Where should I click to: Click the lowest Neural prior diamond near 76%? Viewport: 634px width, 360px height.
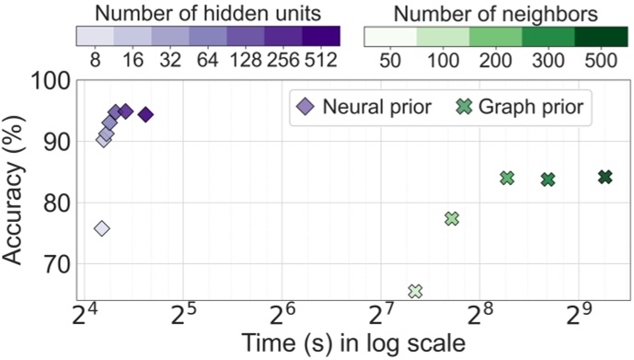[101, 228]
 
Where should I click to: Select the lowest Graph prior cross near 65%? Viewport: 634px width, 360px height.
[415, 291]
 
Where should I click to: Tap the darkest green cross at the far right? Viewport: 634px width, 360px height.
[605, 177]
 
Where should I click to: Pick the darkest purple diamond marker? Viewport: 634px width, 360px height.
[145, 114]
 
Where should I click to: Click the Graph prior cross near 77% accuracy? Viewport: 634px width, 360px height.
[451, 218]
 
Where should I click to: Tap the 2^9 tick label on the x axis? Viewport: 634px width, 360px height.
[582, 316]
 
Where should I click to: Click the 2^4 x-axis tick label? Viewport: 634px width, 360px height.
[86, 316]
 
